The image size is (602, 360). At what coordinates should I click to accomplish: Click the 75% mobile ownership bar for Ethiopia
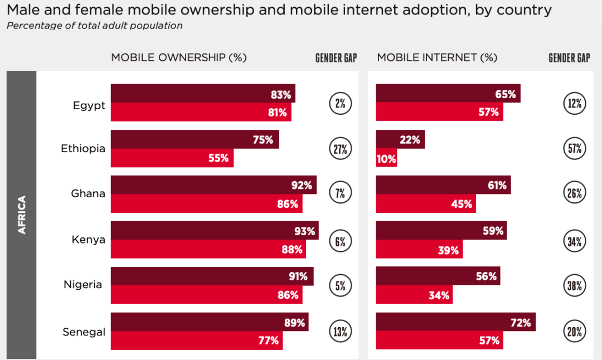(x=195, y=139)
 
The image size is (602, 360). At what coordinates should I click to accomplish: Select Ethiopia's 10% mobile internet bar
(x=386, y=158)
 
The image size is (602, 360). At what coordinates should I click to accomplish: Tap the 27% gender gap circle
(x=341, y=149)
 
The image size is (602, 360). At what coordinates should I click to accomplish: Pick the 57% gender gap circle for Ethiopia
(x=575, y=149)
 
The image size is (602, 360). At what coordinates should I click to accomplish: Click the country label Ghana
(x=88, y=194)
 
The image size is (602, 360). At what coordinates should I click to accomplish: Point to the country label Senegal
(x=84, y=332)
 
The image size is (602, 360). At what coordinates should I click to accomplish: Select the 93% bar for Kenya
(x=215, y=231)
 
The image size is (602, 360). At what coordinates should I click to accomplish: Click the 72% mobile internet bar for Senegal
(x=455, y=322)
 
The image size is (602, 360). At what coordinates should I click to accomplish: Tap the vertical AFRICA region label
(x=22, y=215)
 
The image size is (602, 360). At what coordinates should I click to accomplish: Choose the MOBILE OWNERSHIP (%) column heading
(x=178, y=57)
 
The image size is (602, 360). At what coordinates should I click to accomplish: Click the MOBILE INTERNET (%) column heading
(x=437, y=57)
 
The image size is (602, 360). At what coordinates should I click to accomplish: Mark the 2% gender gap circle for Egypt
(x=341, y=103)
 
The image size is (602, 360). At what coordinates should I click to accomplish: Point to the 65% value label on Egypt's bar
(x=505, y=94)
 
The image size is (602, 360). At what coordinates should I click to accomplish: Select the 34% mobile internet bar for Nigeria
(x=414, y=295)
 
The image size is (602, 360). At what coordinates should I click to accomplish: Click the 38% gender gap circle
(x=575, y=286)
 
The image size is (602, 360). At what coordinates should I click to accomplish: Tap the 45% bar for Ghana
(x=426, y=203)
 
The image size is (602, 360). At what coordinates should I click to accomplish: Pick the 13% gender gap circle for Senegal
(x=341, y=332)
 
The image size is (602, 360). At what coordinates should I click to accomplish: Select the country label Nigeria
(x=82, y=285)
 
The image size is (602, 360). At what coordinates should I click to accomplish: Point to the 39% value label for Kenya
(x=448, y=250)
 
